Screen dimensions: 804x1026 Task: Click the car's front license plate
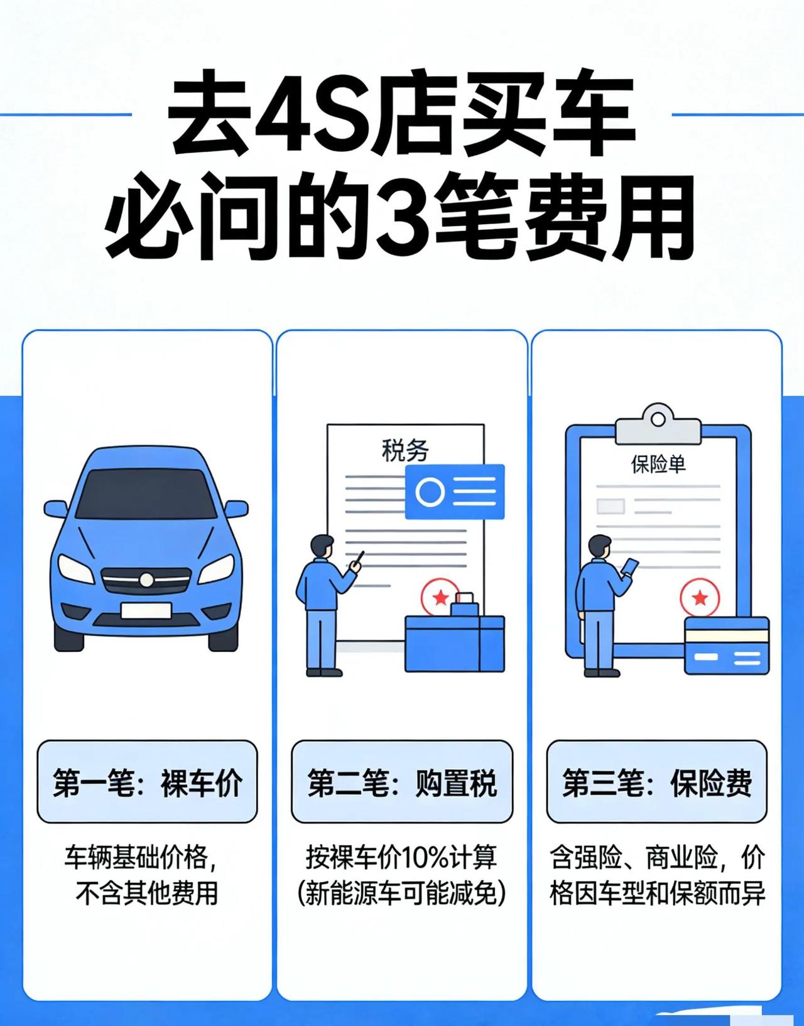[146, 610]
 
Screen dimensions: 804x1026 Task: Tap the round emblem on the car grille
[146, 580]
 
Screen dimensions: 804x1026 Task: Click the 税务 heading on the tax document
[405, 451]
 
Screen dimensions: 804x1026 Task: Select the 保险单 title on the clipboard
[658, 464]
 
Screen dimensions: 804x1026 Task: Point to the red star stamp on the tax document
[440, 596]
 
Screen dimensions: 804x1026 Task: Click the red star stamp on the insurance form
[699, 597]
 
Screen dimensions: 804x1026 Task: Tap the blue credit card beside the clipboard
[726, 645]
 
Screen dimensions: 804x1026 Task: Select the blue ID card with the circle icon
[454, 492]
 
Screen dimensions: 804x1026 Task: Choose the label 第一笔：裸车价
[147, 782]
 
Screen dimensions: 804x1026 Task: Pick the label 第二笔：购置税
[402, 782]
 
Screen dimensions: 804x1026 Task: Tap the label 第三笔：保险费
[656, 782]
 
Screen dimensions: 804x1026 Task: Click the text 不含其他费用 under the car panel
[146, 893]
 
